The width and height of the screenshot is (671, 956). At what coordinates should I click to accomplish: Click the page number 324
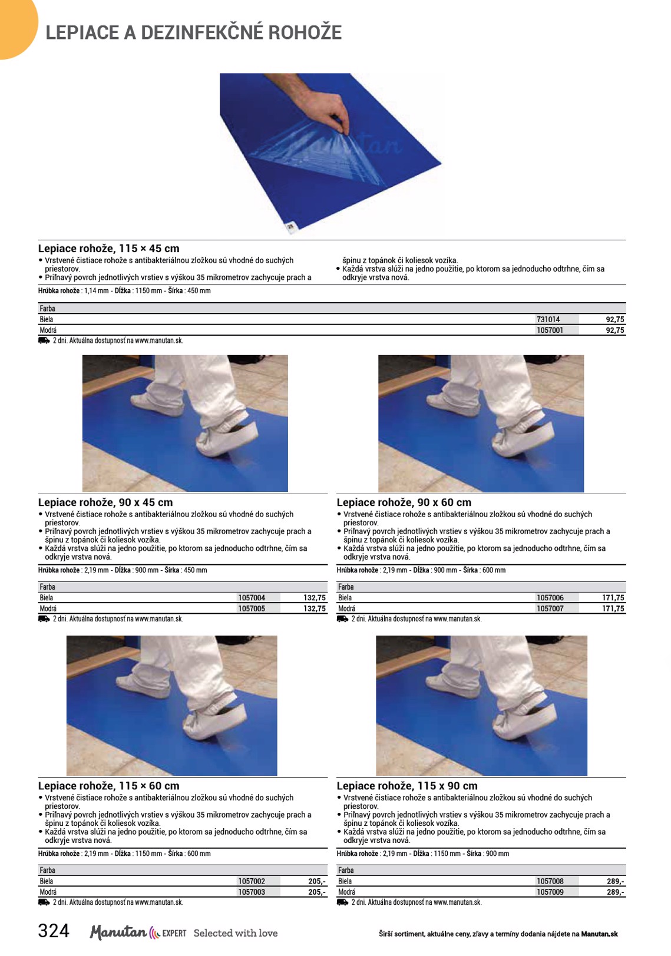54,931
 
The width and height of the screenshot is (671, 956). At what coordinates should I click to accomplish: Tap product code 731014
548,319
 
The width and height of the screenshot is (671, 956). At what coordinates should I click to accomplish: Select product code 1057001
550,330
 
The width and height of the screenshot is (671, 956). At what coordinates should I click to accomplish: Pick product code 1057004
252,597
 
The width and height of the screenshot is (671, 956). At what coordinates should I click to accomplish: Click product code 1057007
550,608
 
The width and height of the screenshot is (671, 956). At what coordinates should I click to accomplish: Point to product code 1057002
252,881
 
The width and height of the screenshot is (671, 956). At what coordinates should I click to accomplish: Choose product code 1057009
550,892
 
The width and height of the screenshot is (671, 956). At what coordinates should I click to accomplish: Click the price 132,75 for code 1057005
315,608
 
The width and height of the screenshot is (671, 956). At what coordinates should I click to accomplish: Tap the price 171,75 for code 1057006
613,597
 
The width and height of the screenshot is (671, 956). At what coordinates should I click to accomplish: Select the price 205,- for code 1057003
317,892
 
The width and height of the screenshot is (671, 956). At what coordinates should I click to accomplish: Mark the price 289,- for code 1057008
616,881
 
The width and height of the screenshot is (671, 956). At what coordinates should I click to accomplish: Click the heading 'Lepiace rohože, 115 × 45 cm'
109,249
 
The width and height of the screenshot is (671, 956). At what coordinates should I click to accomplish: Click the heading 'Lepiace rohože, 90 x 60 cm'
404,502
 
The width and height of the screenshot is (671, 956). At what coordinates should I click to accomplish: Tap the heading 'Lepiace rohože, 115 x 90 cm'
407,785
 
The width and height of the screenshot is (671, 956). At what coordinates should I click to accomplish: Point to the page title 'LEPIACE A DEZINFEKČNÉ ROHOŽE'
193,32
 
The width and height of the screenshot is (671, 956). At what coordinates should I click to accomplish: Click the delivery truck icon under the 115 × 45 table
44,340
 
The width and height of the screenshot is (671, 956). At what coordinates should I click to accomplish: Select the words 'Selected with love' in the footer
236,933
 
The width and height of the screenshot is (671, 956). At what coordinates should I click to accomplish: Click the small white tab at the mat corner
290,227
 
